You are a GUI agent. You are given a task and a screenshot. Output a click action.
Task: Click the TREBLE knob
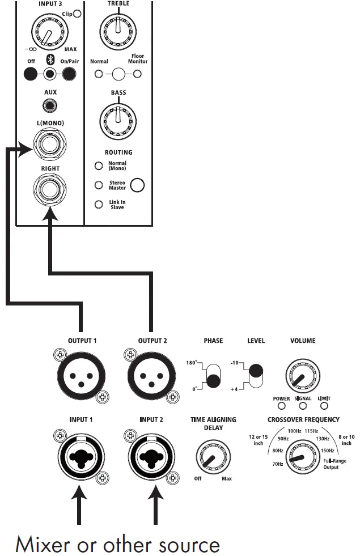pyautogui.click(x=118, y=26)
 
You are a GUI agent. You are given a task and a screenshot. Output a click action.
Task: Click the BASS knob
pyautogui.click(x=118, y=117)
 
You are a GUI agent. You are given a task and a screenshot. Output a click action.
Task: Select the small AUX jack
pyautogui.click(x=50, y=105)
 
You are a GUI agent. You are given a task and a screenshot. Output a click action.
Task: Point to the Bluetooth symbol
pyautogui.click(x=50, y=61)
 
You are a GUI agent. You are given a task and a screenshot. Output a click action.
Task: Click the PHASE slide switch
pyautogui.click(x=213, y=374)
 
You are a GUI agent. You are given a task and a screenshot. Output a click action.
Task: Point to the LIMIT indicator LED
pyautogui.click(x=324, y=406)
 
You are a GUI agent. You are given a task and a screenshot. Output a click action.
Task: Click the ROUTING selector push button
pyautogui.click(x=137, y=185)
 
